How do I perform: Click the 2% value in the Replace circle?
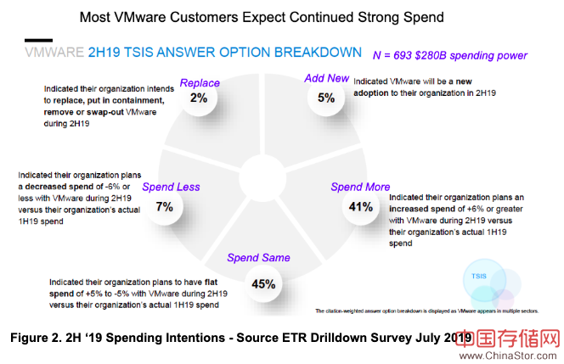(x=199, y=98)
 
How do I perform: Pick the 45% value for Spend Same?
(x=263, y=283)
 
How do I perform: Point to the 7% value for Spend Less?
(x=164, y=205)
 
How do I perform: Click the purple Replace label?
(x=200, y=83)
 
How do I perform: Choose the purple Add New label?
(x=327, y=79)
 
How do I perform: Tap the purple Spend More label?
(x=360, y=187)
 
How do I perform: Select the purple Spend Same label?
(x=258, y=258)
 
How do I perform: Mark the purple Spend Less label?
(x=170, y=187)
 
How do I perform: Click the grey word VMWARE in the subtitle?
(x=54, y=53)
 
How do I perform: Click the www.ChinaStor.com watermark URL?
(x=510, y=354)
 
